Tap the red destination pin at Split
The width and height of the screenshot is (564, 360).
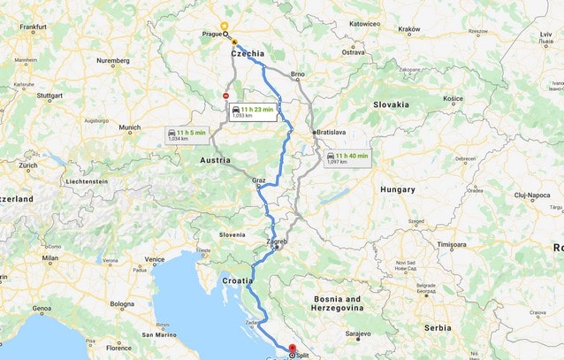(x=293, y=348)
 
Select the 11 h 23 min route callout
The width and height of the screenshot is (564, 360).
(x=255, y=111)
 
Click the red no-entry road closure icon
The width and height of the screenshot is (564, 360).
(x=226, y=96)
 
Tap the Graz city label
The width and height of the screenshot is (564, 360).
(x=259, y=180)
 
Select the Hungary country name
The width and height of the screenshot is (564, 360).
(x=397, y=189)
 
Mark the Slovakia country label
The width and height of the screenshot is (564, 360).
(x=391, y=104)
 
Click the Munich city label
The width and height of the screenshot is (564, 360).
(x=129, y=127)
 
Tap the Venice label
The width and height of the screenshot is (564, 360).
(x=155, y=259)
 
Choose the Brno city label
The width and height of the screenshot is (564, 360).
(x=298, y=74)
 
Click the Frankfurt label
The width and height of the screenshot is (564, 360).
(x=32, y=27)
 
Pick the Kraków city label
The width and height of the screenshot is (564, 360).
(x=409, y=29)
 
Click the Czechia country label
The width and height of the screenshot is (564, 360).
(x=248, y=54)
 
